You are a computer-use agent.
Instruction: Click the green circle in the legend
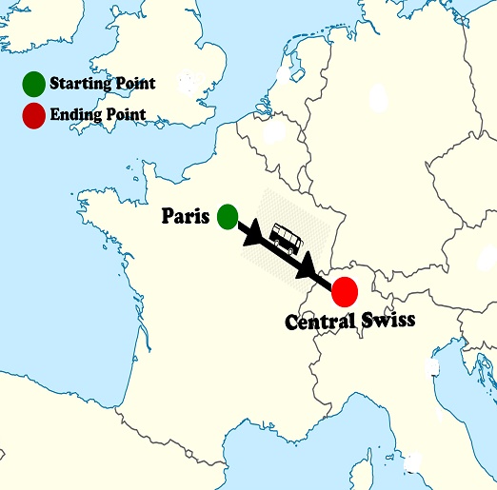click(34, 84)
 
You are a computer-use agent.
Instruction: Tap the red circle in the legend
click(34, 115)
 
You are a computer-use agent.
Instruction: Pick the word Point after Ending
click(124, 114)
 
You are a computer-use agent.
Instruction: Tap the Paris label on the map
click(185, 216)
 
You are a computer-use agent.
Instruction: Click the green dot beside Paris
click(227, 217)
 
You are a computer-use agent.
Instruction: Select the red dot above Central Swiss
click(344, 290)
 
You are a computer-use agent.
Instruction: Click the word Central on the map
click(321, 322)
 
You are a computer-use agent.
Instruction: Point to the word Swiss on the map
click(388, 321)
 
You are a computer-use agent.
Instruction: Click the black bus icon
click(286, 238)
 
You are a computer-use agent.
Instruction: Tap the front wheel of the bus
click(295, 250)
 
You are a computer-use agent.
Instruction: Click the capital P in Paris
click(167, 216)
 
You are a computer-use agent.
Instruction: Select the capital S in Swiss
click(367, 321)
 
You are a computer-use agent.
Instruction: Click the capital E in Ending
click(55, 114)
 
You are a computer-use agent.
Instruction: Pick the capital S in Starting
click(54, 84)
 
